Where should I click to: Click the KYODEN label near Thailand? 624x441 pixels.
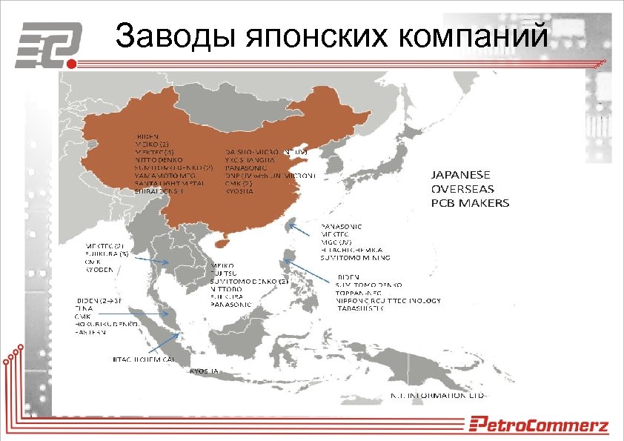point(99,270)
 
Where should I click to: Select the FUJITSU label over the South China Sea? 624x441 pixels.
point(225,273)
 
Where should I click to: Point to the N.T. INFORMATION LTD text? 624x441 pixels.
point(438,395)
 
